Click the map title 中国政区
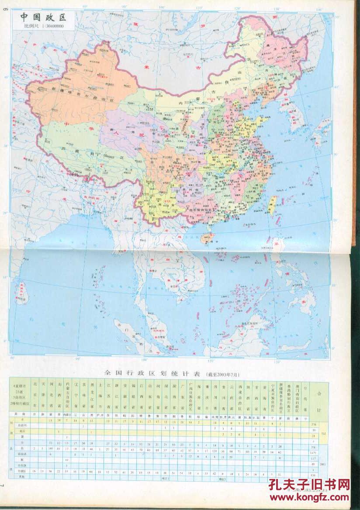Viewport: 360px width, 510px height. pyautogui.click(x=42, y=17)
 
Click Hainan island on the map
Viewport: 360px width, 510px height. pyautogui.click(x=207, y=238)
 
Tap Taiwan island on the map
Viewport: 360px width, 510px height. pyautogui.click(x=272, y=205)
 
